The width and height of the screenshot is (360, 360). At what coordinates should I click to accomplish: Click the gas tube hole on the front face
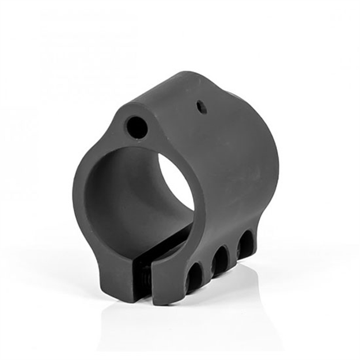tap(137, 127)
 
